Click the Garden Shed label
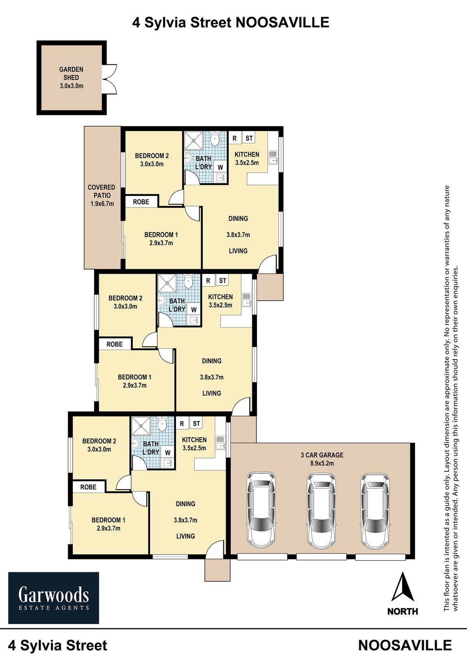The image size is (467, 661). tap(71, 74)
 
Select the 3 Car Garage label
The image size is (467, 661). tap(322, 455)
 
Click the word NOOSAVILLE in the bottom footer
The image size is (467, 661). tap(405, 645)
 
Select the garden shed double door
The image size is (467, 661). tap(110, 79)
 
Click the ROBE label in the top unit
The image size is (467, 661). tap(141, 202)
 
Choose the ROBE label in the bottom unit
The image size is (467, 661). tap(88, 487)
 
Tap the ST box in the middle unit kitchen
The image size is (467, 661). tap(223, 280)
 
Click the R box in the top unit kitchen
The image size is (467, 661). tap(235, 138)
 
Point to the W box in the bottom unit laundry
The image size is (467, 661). tap(168, 452)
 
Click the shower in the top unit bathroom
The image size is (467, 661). tap(194, 141)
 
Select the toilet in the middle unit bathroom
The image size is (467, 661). tap(188, 281)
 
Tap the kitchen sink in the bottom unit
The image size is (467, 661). tap(220, 442)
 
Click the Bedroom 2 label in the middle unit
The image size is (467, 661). tap(125, 302)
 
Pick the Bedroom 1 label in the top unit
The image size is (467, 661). tap(161, 239)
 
